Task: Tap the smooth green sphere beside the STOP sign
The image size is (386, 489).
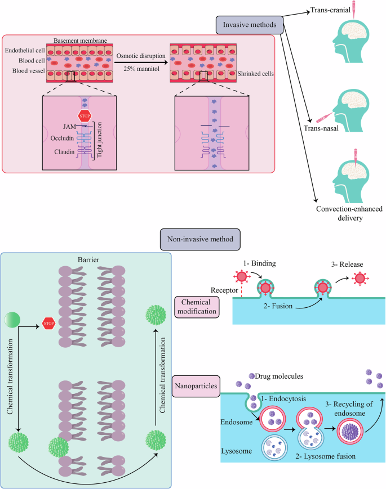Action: pyautogui.click(x=16, y=320)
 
